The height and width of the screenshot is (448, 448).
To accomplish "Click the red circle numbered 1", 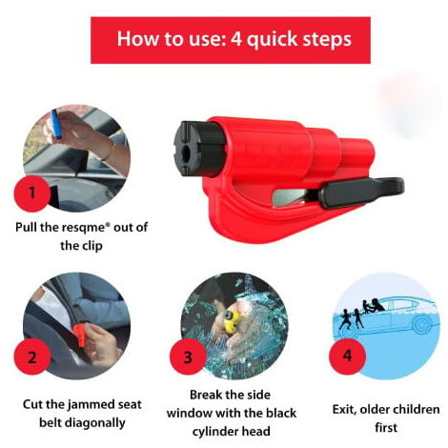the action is pyautogui.click(x=31, y=193).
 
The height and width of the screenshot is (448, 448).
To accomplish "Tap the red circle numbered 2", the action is pyautogui.click(x=32, y=356).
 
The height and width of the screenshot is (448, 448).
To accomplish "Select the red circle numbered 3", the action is pyautogui.click(x=188, y=356).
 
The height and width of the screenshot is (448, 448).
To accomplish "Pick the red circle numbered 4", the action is pyautogui.click(x=347, y=356).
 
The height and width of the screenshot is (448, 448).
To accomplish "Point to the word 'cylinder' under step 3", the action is pyautogui.click(x=215, y=432).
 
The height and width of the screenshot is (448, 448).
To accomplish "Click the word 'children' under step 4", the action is pyautogui.click(x=417, y=409).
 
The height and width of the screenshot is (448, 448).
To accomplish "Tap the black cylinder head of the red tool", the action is pyautogui.click(x=199, y=149).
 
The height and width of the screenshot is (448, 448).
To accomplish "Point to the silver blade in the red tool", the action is pyautogui.click(x=291, y=198).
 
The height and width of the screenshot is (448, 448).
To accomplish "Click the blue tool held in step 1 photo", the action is pyautogui.click(x=56, y=124).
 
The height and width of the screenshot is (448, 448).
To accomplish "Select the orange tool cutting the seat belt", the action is pyautogui.click(x=80, y=334).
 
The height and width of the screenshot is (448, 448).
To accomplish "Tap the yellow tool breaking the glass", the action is pyautogui.click(x=232, y=321).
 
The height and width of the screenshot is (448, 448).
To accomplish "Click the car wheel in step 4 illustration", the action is pyautogui.click(x=422, y=324).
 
